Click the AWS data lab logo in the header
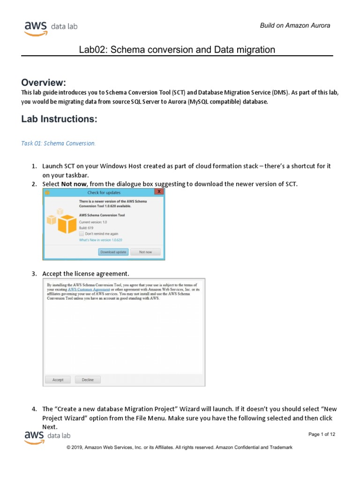(51, 27)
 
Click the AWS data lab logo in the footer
(51, 437)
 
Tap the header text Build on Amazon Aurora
(295, 25)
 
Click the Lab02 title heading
(177, 50)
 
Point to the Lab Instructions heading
(59, 119)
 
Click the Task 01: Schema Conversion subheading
(58, 143)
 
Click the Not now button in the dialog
(145, 252)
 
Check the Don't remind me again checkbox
(82, 233)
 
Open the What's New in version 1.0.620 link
(102, 240)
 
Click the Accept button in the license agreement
(58, 380)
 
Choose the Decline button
(88, 380)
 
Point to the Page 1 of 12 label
(322, 435)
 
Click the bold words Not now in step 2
(74, 184)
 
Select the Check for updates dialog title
(104, 192)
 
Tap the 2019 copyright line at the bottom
(180, 448)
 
